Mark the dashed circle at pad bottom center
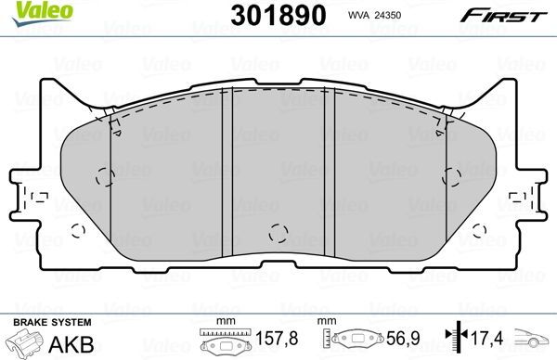click(276, 233)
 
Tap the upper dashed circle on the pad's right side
click(453, 174)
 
